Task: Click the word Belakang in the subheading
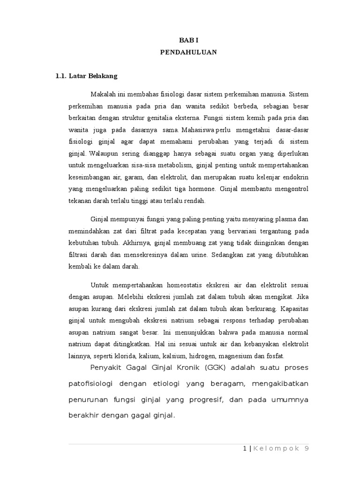click(103, 75)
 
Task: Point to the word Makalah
click(103, 94)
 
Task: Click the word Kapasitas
click(295, 309)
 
